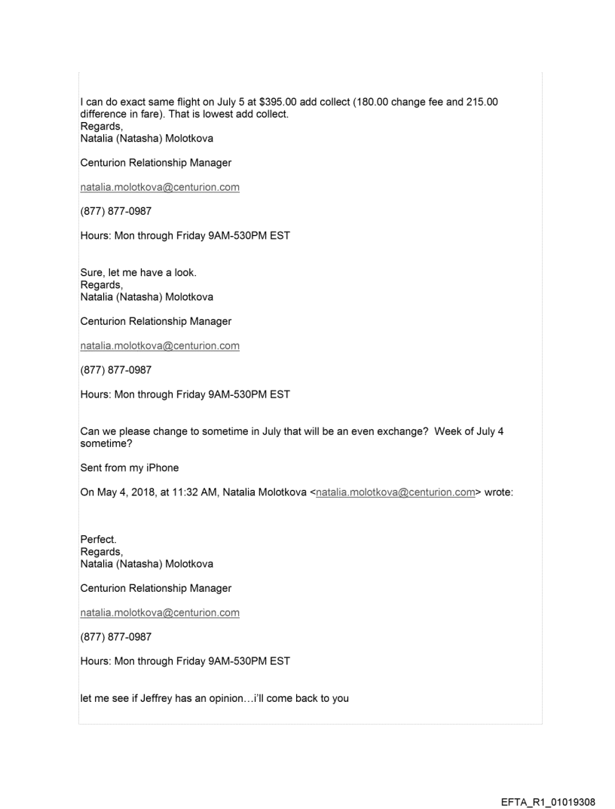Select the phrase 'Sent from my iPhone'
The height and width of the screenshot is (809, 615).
[x=130, y=468]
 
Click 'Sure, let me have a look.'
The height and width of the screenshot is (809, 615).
[x=133, y=274]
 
